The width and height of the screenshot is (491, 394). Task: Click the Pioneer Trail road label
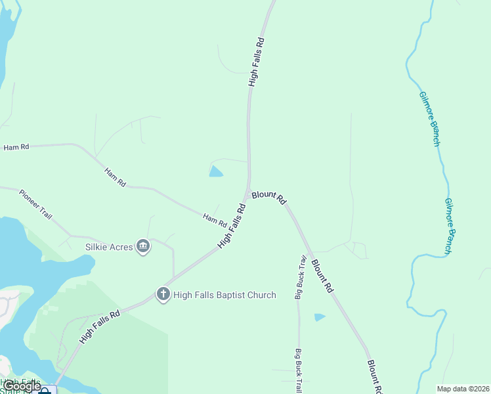click(x=36, y=206)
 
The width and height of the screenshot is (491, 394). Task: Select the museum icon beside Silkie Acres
click(x=143, y=247)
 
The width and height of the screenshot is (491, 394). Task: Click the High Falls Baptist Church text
click(x=224, y=295)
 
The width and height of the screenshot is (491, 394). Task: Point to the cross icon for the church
click(x=163, y=294)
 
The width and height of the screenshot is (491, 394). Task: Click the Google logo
click(x=21, y=386)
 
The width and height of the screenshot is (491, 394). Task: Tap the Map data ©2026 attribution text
click(x=463, y=389)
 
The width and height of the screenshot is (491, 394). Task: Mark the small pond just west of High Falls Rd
click(x=215, y=172)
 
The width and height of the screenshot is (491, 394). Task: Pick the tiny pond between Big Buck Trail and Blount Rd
click(x=319, y=317)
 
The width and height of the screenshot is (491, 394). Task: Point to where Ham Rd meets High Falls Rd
click(x=227, y=224)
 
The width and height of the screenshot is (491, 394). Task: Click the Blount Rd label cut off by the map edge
click(x=374, y=376)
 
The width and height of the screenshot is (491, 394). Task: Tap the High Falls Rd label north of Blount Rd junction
click(x=256, y=62)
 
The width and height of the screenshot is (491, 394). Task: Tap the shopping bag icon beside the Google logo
click(x=47, y=390)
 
